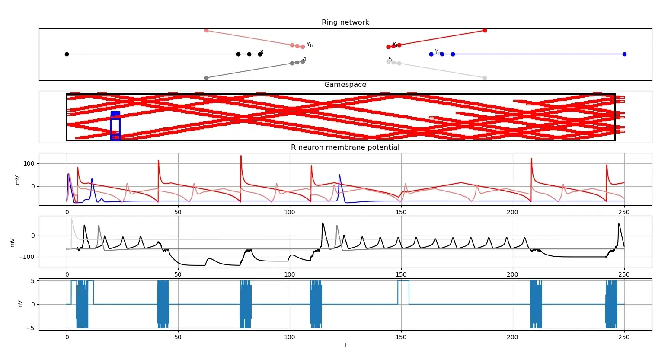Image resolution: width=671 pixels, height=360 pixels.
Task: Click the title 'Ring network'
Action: pos(345,22)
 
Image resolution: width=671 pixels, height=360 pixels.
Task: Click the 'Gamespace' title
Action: pos(345,85)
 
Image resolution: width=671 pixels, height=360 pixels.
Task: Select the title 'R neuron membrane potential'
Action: pos(345,147)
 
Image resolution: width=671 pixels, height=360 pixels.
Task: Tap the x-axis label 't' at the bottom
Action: pos(345,345)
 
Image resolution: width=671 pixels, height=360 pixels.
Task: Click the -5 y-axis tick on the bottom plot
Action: pos(32,328)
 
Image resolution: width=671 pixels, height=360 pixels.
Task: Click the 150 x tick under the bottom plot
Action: pos(401,337)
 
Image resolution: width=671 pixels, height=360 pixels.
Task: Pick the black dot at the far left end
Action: pos(67,54)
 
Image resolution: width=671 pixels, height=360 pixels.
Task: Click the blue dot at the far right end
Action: pos(624,54)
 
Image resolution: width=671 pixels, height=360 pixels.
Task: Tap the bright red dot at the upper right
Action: pos(485,30)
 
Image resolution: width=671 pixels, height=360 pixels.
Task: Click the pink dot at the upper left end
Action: pos(206,30)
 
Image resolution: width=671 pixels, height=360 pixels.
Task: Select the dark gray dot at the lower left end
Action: pos(206,78)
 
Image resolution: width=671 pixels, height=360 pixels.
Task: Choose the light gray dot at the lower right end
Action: pos(485,78)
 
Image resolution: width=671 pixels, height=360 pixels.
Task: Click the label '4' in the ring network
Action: pos(304,60)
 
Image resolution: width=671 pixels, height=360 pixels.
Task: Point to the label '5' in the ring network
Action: pos(390,60)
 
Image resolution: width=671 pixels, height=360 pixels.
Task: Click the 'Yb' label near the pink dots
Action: pos(310,45)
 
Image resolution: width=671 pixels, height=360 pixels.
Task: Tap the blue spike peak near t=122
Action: pos(339,175)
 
